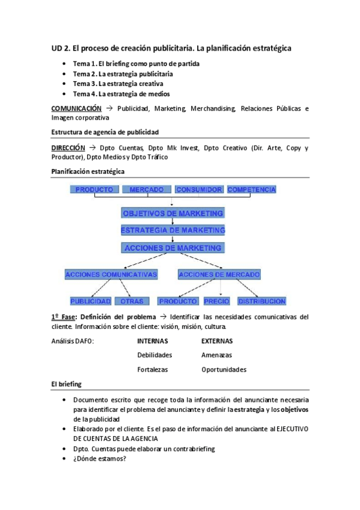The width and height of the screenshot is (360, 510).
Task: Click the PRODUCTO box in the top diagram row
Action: click(94, 189)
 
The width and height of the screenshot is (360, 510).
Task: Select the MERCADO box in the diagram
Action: click(147, 189)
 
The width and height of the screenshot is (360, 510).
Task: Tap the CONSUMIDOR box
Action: click(199, 189)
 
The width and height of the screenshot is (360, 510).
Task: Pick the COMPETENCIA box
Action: click(251, 189)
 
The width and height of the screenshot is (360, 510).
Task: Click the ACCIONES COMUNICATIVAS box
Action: click(111, 274)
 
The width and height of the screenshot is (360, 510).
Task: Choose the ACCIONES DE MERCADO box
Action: click(219, 274)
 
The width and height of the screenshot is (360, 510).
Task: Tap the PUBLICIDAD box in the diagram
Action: click(90, 301)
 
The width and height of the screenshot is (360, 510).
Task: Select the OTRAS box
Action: click(132, 301)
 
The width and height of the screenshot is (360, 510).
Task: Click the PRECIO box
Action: click(216, 301)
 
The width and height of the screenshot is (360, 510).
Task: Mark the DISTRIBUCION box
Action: click(261, 301)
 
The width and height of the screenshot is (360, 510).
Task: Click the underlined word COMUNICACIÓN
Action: click(76, 109)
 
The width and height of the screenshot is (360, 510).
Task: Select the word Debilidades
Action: click(154, 355)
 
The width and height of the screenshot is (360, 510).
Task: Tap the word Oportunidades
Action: click(224, 369)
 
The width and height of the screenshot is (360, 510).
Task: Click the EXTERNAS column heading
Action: click(217, 340)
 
